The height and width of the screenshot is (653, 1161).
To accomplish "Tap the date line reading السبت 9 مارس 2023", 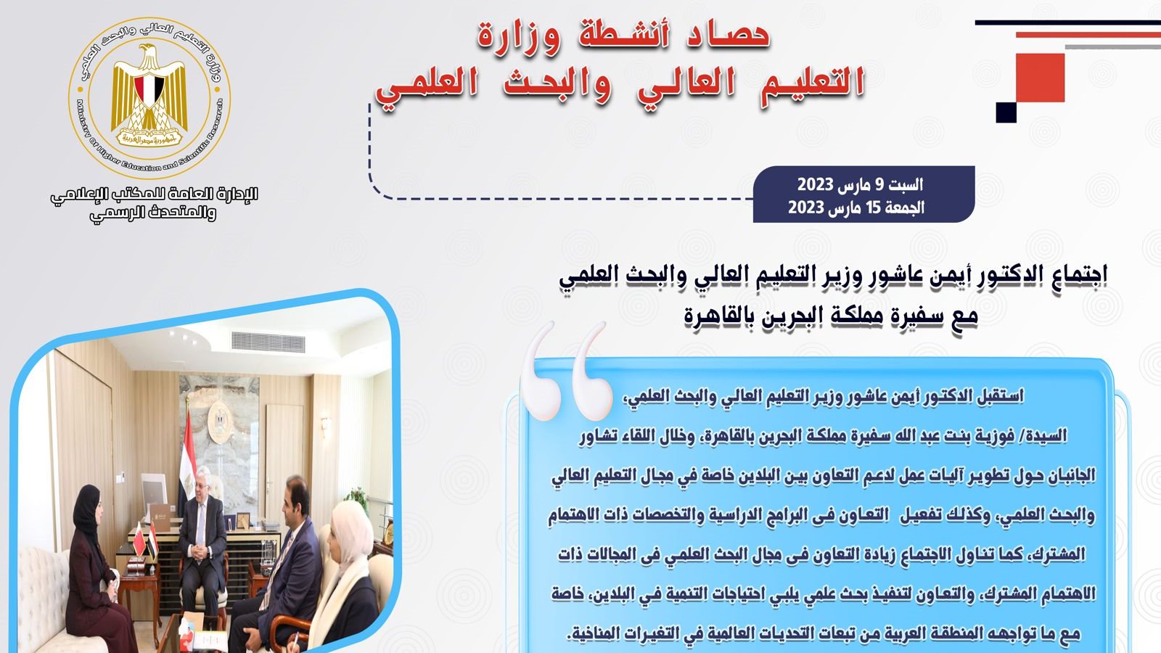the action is pyautogui.click(x=860, y=184).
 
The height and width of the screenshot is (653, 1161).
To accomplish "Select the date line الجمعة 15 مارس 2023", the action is pyautogui.click(x=856, y=208).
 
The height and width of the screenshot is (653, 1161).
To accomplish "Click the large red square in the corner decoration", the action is pyautogui.click(x=1041, y=78).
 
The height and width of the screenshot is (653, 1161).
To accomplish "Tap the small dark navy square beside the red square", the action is pyautogui.click(x=1006, y=112).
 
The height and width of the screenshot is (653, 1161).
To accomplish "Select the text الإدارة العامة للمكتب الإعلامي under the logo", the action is pyautogui.click(x=154, y=195).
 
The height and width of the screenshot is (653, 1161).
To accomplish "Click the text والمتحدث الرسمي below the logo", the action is pyautogui.click(x=153, y=213).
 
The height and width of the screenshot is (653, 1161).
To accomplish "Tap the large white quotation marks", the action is pyautogui.click(x=567, y=371).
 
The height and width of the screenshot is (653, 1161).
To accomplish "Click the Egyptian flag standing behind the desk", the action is pyautogui.click(x=188, y=456).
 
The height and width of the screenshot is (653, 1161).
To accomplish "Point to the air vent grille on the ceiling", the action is pyautogui.click(x=268, y=342).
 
